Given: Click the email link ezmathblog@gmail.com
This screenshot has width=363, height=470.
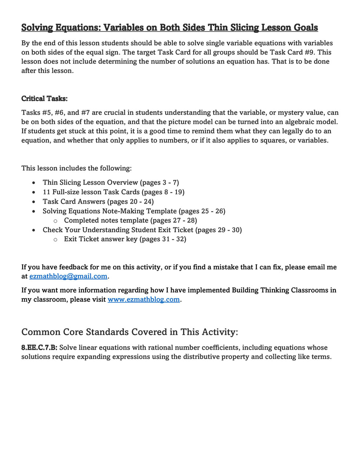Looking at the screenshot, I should tap(68, 276).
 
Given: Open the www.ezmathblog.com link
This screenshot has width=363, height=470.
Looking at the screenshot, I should tap(144, 299).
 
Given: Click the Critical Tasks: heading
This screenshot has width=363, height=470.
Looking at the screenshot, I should tap(44, 98).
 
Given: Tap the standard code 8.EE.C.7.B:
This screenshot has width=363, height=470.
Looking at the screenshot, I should tap(39, 347).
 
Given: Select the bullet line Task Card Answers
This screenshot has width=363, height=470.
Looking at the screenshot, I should tap(98, 202).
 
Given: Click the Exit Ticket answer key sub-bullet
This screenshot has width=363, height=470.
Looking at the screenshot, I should tap(125, 239).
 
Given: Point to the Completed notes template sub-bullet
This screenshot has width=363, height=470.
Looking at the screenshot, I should tap(130, 220).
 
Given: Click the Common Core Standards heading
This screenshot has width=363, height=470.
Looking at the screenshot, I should tap(130, 332).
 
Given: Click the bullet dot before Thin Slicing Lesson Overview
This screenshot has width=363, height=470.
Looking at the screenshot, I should tap(34, 182).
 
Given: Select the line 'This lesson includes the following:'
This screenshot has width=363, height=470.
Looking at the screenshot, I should tap(76, 168).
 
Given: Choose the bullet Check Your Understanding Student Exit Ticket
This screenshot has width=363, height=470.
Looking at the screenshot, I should tap(142, 230).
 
